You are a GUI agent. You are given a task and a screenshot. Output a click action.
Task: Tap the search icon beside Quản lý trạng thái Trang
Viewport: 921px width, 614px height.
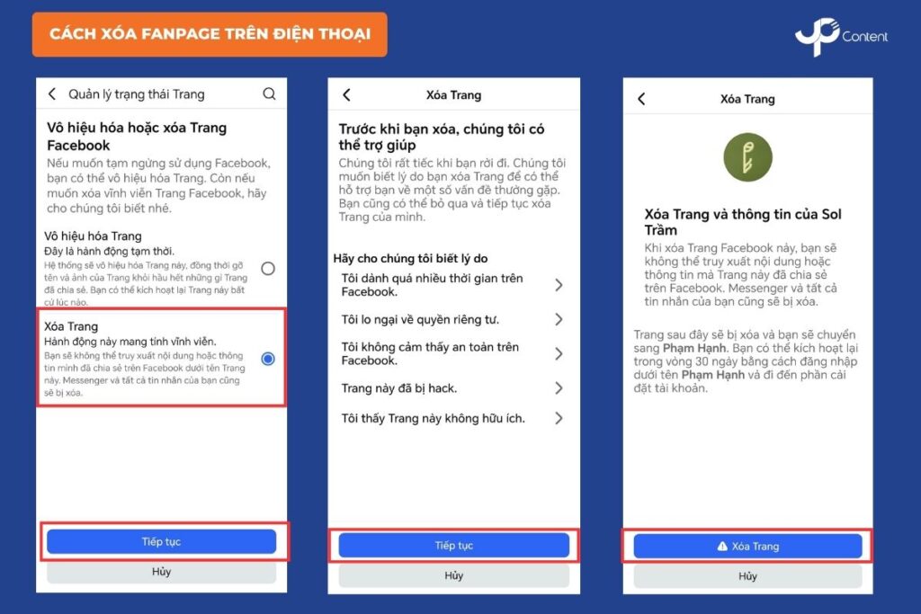coord(269,93)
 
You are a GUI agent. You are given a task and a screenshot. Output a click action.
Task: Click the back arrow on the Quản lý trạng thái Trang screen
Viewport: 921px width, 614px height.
coord(52,93)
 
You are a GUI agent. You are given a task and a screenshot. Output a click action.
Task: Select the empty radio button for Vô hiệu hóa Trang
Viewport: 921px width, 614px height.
coord(268,268)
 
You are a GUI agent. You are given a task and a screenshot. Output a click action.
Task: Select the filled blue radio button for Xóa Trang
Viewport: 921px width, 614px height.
coord(268,358)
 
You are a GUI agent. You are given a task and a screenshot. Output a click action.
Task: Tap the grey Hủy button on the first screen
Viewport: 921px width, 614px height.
coord(161,572)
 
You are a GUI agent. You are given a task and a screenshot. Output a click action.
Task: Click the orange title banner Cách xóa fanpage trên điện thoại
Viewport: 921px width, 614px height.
coord(210,35)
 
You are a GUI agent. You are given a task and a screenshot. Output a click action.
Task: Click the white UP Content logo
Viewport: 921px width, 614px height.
coord(841,36)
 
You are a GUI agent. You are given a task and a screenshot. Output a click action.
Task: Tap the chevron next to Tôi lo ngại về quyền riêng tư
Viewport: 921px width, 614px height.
coord(559,319)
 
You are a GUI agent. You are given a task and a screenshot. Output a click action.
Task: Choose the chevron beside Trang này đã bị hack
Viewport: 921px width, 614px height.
coord(559,388)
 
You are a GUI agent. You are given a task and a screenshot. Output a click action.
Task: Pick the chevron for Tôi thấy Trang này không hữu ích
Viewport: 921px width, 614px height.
coord(559,418)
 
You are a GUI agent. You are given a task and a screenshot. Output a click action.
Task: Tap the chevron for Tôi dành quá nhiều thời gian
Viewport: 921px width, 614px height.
coord(559,285)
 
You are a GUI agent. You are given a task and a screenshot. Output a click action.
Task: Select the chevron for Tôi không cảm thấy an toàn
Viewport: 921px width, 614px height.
coord(559,353)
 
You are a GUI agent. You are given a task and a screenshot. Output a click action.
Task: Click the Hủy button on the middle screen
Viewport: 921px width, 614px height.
coord(453,575)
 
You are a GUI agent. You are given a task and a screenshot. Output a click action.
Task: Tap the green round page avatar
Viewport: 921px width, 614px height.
coord(747,156)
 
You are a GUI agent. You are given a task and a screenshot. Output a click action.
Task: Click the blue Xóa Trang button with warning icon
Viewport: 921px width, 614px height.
coord(747,546)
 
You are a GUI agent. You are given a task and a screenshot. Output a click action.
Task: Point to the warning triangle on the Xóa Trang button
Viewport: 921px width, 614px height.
coord(722,546)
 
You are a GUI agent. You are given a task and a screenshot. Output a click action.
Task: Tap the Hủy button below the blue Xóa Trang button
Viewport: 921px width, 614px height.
coord(747,576)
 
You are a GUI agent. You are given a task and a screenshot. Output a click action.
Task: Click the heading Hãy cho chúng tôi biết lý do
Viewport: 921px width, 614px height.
coord(410,258)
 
